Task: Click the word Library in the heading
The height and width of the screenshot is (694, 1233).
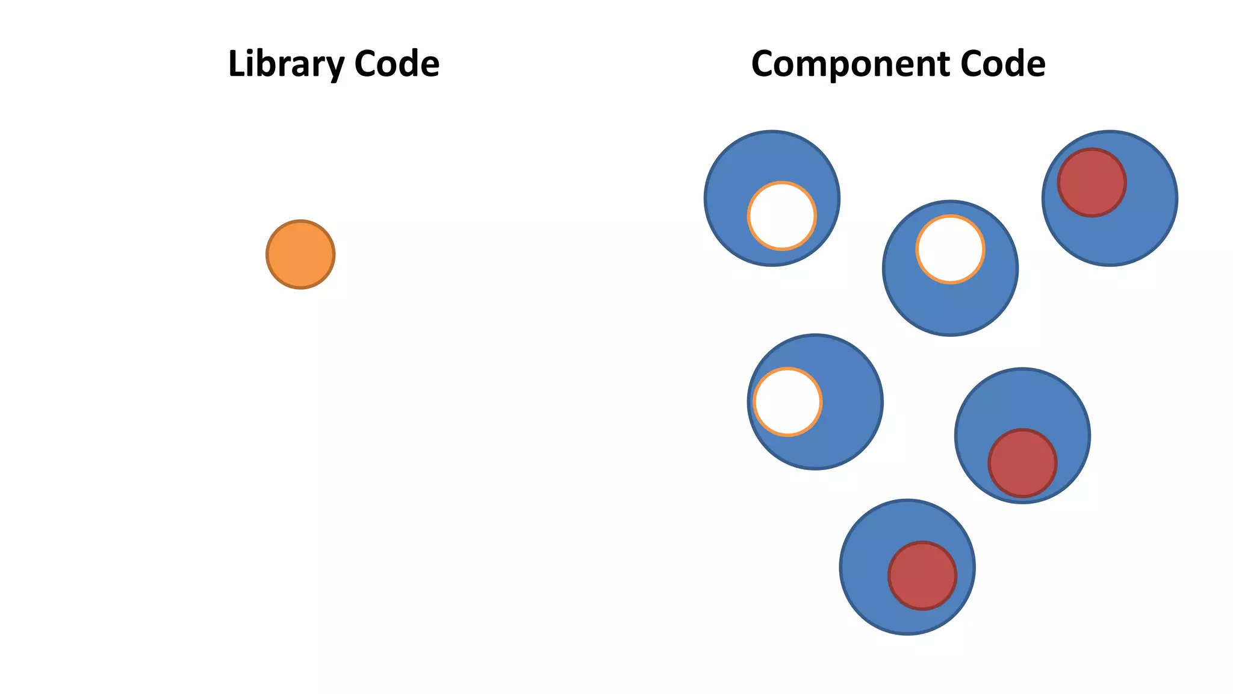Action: tap(287, 64)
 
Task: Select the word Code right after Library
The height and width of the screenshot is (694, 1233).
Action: tap(397, 64)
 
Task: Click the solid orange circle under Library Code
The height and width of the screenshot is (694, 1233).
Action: tap(300, 254)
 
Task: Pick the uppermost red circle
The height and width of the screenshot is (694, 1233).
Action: tap(1092, 183)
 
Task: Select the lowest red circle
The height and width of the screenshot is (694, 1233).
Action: tap(922, 575)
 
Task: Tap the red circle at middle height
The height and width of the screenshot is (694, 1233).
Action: tap(1022, 463)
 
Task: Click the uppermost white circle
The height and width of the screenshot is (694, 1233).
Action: tap(781, 216)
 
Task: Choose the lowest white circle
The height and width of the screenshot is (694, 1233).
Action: tap(787, 401)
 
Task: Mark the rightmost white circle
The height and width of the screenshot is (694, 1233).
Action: tap(950, 249)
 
